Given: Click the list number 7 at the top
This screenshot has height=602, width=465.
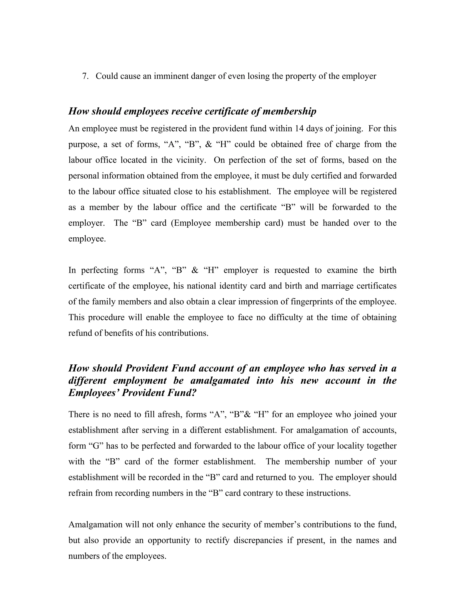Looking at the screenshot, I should coord(85,76).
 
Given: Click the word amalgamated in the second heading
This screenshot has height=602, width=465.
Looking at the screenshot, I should coord(220,381).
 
